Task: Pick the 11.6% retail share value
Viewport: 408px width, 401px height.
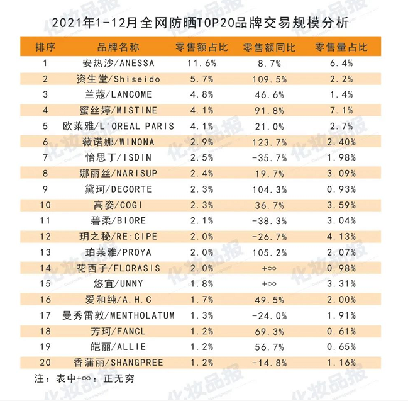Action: coord(202,64)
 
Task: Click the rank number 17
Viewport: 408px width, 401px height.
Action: coord(45,315)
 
